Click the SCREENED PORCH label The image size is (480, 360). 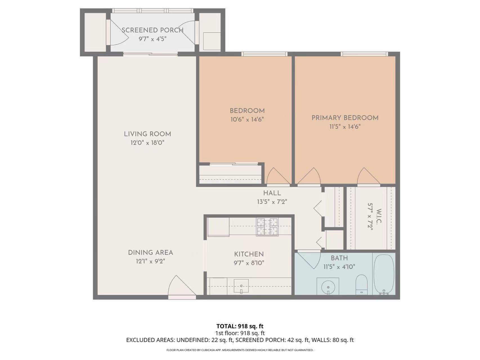click(152, 30)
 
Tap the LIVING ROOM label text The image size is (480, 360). click(147, 134)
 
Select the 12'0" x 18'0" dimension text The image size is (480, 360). click(147, 143)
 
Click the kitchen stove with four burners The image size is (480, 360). click(267, 227)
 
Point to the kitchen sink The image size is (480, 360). click(241, 286)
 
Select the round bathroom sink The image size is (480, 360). click(328, 286)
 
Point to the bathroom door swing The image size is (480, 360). click(309, 260)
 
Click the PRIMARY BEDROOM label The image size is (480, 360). click(345, 118)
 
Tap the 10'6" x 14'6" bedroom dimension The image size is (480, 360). click(247, 119)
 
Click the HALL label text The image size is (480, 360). click(272, 193)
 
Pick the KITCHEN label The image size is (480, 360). click(249, 254)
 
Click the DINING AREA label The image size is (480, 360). click(150, 252)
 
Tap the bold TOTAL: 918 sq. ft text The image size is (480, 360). click(240, 326)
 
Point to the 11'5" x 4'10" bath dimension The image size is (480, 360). click(339, 267)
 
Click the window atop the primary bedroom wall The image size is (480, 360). click(364, 54)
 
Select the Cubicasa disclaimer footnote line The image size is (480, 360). click(240, 350)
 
